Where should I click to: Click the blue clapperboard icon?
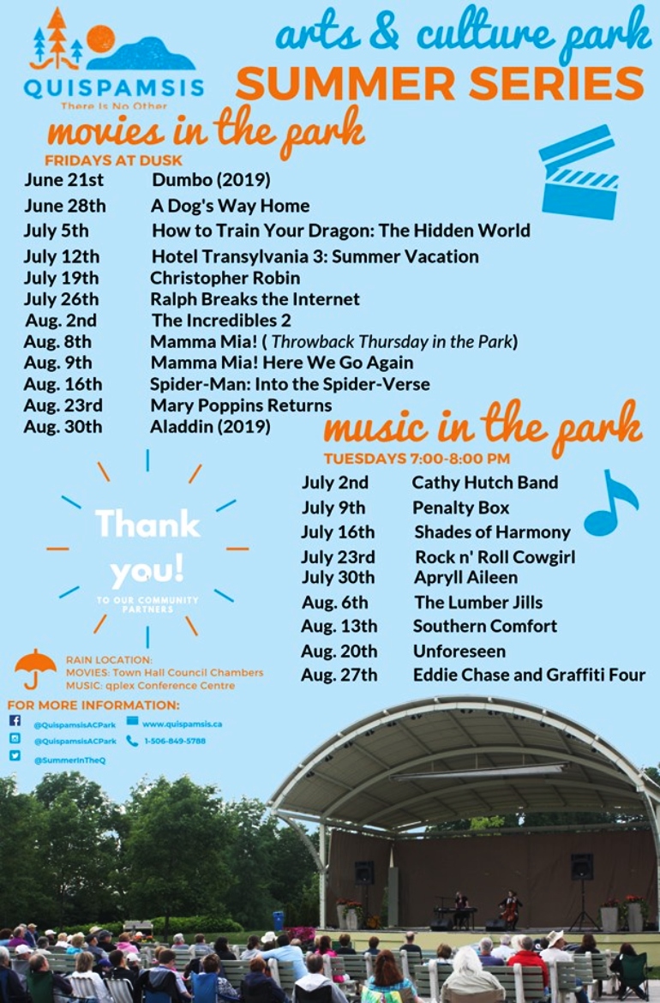click(579, 171)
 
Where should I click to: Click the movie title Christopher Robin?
click(225, 279)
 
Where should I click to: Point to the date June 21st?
click(63, 180)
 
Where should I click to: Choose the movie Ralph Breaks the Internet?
click(255, 299)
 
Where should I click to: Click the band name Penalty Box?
click(460, 508)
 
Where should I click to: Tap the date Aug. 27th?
click(339, 676)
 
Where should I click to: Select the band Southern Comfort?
click(485, 627)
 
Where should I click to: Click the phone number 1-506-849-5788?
click(175, 742)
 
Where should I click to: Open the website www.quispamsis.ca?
click(183, 724)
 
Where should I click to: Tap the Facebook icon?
click(15, 721)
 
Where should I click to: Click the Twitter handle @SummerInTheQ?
click(69, 760)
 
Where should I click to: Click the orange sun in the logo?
click(100, 39)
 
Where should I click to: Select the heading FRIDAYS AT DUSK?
click(113, 160)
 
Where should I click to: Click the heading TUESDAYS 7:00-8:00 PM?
click(417, 459)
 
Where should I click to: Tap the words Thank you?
click(147, 547)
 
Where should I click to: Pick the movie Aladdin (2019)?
click(210, 427)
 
